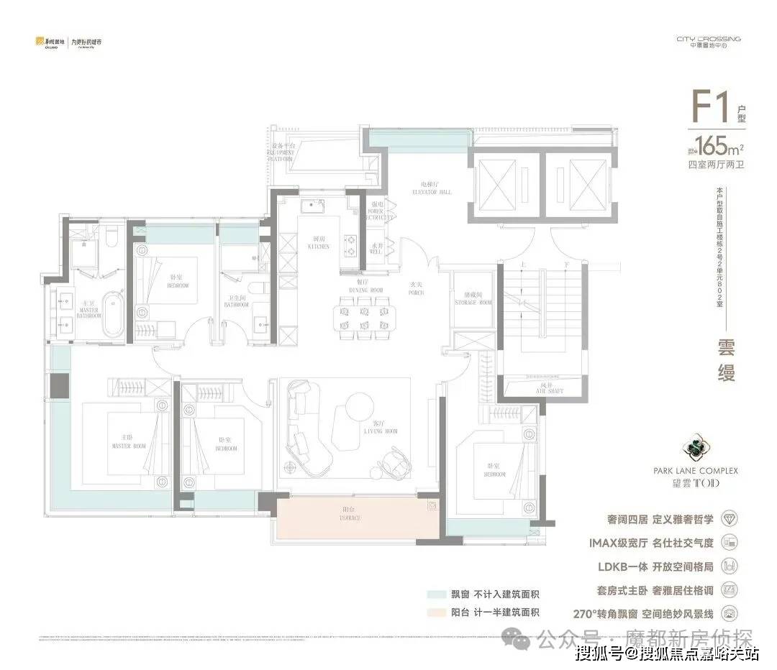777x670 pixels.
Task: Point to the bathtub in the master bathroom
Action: point(113,316)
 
